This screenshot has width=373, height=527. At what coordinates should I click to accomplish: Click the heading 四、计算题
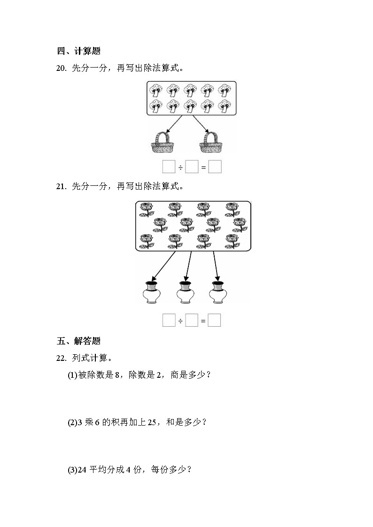[x=78, y=51]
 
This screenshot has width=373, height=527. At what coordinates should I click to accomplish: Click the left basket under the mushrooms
[x=162, y=142]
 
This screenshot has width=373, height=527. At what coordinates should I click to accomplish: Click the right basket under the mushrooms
[x=210, y=142]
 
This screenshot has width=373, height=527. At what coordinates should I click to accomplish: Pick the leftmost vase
[x=151, y=292]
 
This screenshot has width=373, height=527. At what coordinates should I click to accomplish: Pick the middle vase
[x=185, y=292]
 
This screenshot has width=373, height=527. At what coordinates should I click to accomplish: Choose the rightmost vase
[x=218, y=292]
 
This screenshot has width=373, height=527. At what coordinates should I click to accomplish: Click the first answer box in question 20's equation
[x=168, y=167]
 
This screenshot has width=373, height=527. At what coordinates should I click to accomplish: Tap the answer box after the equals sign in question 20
[x=215, y=167]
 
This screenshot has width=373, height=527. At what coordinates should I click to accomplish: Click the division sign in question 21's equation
[x=180, y=321]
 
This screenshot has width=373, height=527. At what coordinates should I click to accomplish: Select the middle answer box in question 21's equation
[x=191, y=321]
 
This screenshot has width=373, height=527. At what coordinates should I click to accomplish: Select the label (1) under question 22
[x=72, y=374]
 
